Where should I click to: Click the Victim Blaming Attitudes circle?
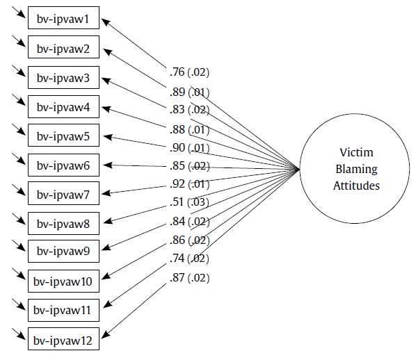point(354,169)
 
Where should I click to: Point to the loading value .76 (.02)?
point(189,72)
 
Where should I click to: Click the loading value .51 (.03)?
point(189,203)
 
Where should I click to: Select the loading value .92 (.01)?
point(189,184)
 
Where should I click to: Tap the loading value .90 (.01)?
point(189,147)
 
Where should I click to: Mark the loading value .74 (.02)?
point(189,259)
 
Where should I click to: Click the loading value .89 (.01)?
point(189,92)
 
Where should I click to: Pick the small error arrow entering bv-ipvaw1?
point(18,13)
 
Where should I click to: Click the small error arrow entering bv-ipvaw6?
point(18,158)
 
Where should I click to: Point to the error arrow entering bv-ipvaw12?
point(18,334)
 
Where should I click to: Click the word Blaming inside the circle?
point(354,169)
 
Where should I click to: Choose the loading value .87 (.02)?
point(189,278)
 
